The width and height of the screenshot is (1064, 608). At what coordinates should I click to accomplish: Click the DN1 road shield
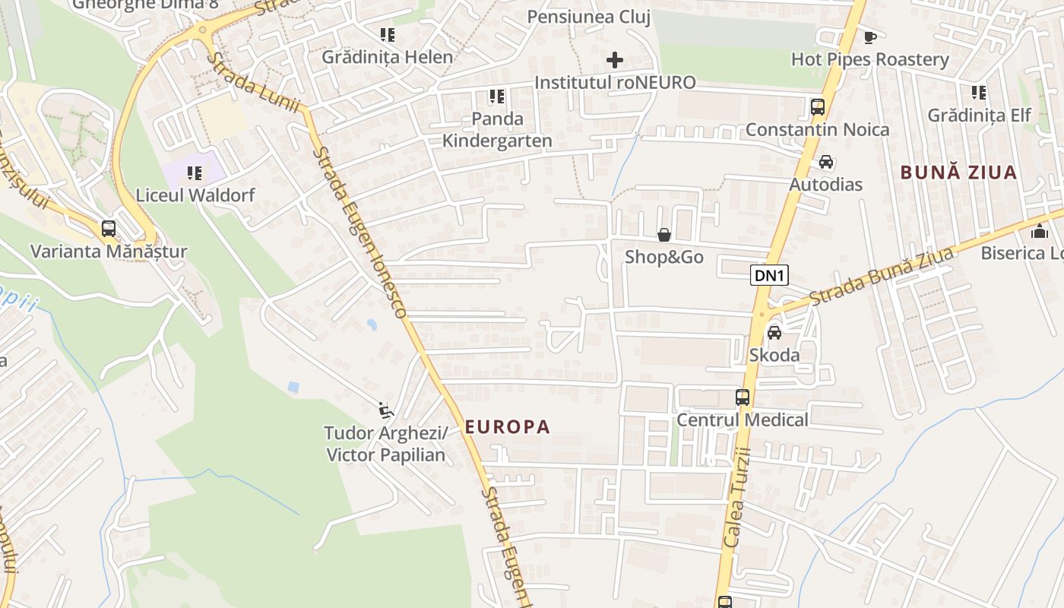769,275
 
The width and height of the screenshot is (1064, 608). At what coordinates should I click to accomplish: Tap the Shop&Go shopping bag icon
664,236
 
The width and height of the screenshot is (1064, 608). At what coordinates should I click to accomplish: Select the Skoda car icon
774,333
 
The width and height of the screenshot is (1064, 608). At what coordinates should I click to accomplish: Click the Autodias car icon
826,163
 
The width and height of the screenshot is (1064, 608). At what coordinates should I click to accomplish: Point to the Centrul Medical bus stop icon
743,397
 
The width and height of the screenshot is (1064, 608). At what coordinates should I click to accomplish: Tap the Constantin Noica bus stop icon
818,107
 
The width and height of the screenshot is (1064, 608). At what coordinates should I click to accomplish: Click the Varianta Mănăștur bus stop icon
109,229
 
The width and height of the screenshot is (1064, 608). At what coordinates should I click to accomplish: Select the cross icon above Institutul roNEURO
615,60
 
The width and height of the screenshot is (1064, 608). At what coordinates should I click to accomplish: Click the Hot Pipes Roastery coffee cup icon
870,37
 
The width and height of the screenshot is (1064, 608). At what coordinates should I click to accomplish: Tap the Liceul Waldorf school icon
195,173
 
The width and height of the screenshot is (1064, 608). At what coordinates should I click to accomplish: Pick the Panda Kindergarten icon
497,97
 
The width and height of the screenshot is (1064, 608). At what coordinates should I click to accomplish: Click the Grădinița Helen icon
388,35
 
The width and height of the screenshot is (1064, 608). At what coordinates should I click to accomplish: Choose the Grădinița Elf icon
979,93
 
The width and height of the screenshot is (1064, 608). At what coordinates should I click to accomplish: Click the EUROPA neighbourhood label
507,427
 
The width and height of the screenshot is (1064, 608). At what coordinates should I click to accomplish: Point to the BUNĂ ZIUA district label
958,173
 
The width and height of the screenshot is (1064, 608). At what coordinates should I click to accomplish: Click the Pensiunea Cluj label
589,17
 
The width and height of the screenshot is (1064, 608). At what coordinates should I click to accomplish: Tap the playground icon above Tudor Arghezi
386,411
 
